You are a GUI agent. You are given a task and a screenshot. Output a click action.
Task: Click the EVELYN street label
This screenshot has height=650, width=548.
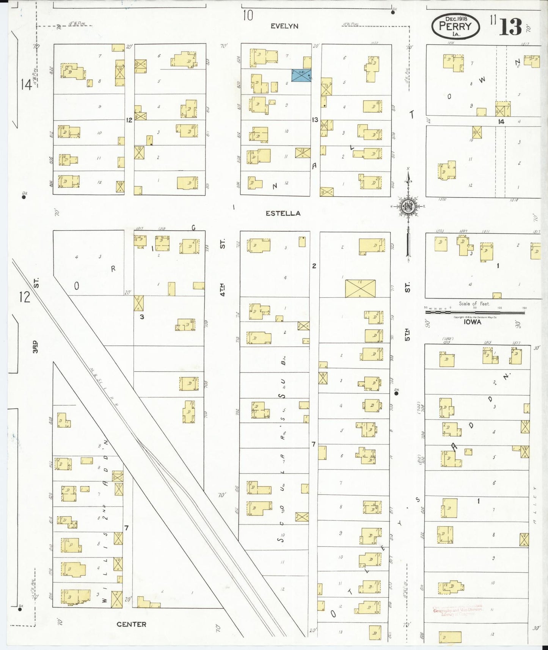tap(284, 26)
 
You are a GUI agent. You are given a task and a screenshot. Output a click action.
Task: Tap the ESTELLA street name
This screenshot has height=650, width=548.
tap(283, 214)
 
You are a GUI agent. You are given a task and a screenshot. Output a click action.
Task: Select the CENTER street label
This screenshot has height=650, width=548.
tap(131, 624)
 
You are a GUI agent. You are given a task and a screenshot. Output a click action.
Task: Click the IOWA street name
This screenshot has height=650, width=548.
tap(472, 322)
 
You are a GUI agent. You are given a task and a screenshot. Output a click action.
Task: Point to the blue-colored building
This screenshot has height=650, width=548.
tap(301, 75)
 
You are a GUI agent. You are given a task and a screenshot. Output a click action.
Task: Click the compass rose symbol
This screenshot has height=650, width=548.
tap(408, 207)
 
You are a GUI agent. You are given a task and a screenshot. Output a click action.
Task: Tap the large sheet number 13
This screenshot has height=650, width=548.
tap(510, 26)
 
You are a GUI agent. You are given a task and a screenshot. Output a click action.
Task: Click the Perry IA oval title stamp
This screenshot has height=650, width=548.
tap(455, 26)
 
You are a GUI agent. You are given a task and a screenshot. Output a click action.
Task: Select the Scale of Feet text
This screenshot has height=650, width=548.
tap(474, 304)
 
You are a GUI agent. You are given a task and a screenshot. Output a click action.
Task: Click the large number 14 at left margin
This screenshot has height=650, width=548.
tap(26, 84)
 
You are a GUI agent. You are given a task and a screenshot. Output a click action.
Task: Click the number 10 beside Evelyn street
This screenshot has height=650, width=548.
tap(248, 16)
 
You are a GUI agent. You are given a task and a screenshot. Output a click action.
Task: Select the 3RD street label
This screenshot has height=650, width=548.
tap(35, 347)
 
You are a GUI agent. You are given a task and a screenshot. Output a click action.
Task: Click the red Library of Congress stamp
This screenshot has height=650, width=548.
tap(458, 610)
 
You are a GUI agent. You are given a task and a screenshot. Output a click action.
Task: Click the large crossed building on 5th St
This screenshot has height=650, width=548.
tap(360, 289)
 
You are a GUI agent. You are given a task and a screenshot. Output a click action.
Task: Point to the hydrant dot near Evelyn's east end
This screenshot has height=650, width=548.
tap(393, 12)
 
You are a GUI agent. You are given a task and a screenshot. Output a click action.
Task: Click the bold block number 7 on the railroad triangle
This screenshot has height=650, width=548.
tap(127, 528)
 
